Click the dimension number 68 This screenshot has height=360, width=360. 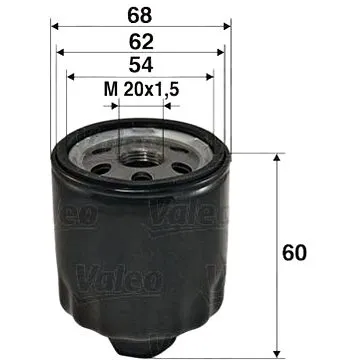(140, 17)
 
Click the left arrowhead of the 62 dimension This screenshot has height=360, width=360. (61, 54)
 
